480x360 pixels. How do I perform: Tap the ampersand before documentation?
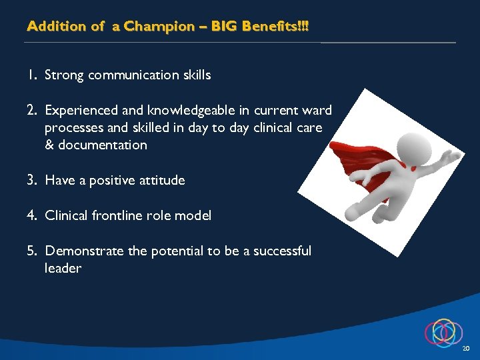(x=49, y=145)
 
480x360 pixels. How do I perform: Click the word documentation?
(x=103, y=145)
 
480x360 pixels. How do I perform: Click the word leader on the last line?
(x=63, y=268)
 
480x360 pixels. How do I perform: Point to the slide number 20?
(x=466, y=349)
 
